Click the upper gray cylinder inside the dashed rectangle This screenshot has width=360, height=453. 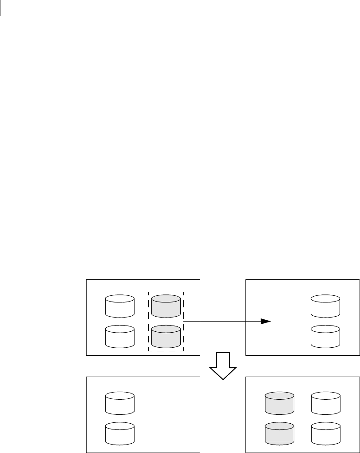(166, 306)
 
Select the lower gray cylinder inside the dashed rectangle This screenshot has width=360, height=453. (166, 336)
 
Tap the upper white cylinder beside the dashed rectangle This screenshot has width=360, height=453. (120, 306)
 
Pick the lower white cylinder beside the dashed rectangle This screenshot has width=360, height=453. (120, 336)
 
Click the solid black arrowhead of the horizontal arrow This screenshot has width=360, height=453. (265, 321)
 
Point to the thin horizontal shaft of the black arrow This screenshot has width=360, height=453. (222, 321)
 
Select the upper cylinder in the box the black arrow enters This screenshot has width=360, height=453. (325, 306)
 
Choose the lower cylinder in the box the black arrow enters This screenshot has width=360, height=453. (325, 336)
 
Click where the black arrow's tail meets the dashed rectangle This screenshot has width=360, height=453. (184, 321)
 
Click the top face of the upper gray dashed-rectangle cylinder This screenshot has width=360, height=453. (166, 298)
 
